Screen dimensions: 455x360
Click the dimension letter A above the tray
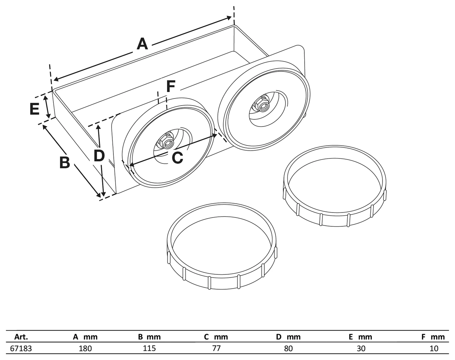142,44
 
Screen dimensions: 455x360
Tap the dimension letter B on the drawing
65,162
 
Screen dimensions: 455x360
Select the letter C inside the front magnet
177,157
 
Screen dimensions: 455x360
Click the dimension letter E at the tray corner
34,109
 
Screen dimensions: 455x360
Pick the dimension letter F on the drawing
171,86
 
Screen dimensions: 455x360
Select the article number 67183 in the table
21,348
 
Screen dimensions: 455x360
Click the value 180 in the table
85,348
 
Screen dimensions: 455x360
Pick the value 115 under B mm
149,348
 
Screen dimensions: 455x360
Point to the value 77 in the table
216,348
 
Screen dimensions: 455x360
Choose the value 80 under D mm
288,348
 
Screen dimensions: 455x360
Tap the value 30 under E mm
361,348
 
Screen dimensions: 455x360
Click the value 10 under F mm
434,348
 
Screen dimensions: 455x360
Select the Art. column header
21,337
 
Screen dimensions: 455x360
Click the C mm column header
216,337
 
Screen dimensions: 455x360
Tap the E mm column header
360,337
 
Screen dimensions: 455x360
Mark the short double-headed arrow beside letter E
47,107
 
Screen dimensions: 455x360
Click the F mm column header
433,337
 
